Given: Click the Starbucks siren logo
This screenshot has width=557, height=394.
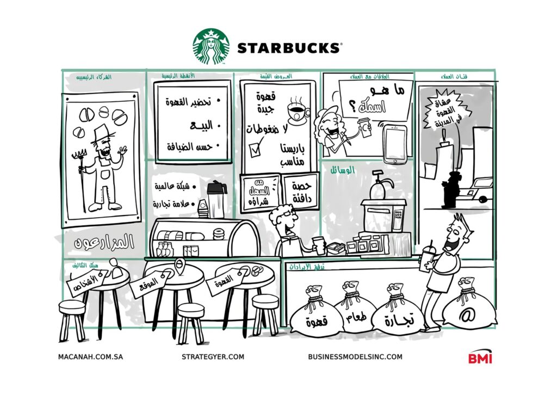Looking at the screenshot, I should [211, 47].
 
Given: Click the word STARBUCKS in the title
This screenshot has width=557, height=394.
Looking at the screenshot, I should [288, 48].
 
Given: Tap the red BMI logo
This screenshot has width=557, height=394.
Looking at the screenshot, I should [480, 358].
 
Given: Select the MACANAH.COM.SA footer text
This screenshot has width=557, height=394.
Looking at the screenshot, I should [90, 357].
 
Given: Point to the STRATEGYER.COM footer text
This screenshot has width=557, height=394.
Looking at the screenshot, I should [213, 357].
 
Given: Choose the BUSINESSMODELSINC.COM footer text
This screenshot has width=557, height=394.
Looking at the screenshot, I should [355, 357].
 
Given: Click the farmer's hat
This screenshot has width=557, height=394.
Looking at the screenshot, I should [101, 134].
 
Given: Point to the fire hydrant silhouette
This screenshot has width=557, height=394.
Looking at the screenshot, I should [450, 190].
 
